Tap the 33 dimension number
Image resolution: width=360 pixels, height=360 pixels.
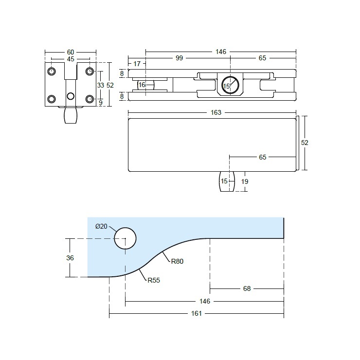[100, 85]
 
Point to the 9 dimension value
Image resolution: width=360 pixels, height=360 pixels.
[100, 102]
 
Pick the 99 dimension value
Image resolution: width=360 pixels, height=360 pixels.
[180, 58]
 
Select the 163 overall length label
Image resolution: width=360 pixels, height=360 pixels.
[216, 112]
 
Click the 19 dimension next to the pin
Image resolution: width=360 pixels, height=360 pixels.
[245, 181]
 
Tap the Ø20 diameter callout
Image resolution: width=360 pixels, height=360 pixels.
[102, 226]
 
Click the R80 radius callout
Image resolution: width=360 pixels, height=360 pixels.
[177, 261]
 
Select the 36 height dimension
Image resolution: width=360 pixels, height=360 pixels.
[71, 258]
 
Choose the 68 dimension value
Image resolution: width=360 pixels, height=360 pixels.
[247, 288]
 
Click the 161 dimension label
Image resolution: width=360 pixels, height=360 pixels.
[196, 313]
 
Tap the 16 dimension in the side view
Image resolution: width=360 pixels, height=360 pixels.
[142, 85]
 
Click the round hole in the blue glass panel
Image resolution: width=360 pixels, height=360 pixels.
[125, 238]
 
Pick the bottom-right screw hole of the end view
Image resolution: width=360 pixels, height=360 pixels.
[90, 99]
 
